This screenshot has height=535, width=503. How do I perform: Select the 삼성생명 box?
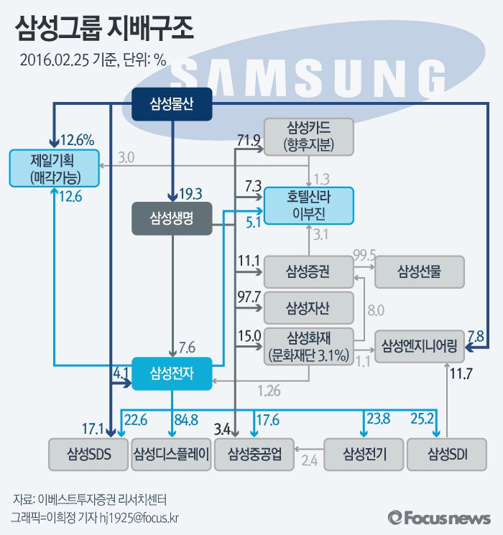tap(172, 218)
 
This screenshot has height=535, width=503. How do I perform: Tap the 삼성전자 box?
tap(172, 373)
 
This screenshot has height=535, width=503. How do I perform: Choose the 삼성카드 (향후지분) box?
tap(310, 136)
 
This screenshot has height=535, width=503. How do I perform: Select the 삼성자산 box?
tap(309, 308)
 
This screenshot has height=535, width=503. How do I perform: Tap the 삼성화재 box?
tap(309, 345)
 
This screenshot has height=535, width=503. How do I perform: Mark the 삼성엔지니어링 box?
tap(420, 345)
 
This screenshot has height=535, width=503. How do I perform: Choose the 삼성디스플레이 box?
tap(172, 454)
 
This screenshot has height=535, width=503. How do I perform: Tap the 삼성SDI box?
tap(447, 454)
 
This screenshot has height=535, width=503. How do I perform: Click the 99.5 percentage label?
tap(364, 256)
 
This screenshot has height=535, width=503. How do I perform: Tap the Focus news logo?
tap(438, 517)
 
